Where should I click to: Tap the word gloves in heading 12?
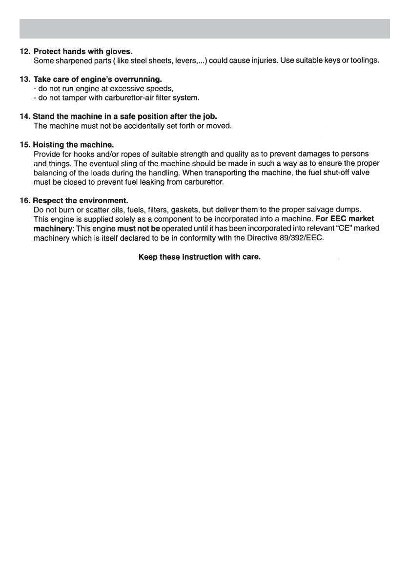tap(119, 51)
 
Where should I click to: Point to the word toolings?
tap(364, 61)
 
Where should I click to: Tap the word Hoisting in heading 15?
tap(48, 145)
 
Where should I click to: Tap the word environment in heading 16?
tap(99, 200)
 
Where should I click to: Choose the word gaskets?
tap(185, 210)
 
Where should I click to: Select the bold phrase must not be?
tap(139, 229)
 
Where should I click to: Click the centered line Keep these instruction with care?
tap(200, 256)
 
